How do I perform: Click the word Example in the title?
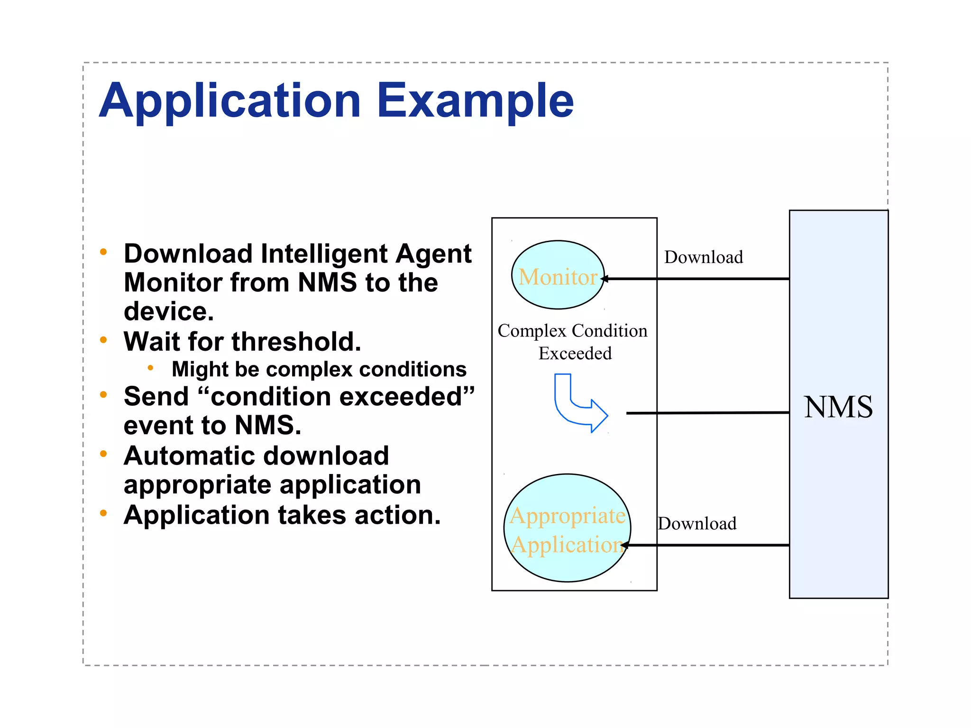pyautogui.click(x=475, y=100)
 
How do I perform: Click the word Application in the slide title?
pyautogui.click(x=230, y=100)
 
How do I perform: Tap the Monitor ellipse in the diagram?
pyautogui.click(x=558, y=275)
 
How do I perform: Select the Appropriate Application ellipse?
pyautogui.click(x=567, y=528)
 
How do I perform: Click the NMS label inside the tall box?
pyautogui.click(x=838, y=407)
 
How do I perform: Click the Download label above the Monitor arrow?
pyautogui.click(x=704, y=257)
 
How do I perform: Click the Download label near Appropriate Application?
pyautogui.click(x=697, y=524)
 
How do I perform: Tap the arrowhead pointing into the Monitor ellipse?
pyautogui.click(x=605, y=279)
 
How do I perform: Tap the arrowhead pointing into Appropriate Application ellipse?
pyautogui.click(x=624, y=546)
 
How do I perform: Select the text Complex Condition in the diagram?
pyautogui.click(x=572, y=331)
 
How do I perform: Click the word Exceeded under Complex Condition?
pyautogui.click(x=575, y=354)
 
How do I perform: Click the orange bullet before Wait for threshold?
pyautogui.click(x=103, y=339)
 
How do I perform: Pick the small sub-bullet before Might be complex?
pyautogui.click(x=150, y=368)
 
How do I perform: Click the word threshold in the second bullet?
pyautogui.click(x=296, y=341)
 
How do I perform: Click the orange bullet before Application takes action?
pyautogui.click(x=103, y=513)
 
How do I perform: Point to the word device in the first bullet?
pyautogui.click(x=169, y=312)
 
